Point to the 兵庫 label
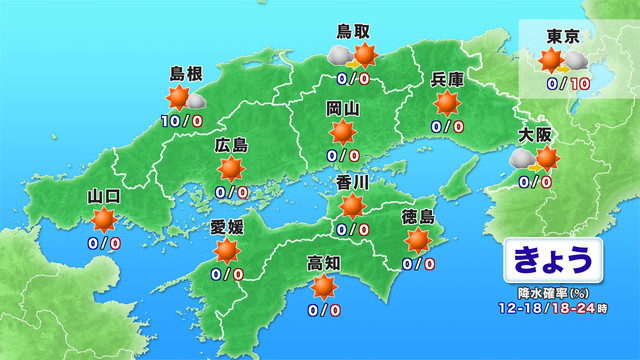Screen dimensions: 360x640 click(x=447, y=81)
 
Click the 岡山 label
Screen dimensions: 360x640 click(x=343, y=109)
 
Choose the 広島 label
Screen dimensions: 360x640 click(x=231, y=146)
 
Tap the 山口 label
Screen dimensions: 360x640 click(x=104, y=195)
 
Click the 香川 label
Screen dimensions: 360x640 click(x=352, y=183)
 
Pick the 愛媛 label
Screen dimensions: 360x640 click(x=227, y=227)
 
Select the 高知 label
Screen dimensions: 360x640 click(x=324, y=264)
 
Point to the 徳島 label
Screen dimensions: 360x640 click(x=419, y=217)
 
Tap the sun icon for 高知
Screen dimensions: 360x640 click(x=324, y=289)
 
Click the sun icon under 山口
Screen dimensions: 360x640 click(x=104, y=220)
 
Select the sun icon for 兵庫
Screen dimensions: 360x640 click(x=447, y=104)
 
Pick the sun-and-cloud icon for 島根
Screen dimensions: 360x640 click(x=183, y=98)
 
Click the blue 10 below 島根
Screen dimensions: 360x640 click(x=168, y=121)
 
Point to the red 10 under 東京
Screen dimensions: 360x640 click(x=580, y=85)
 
